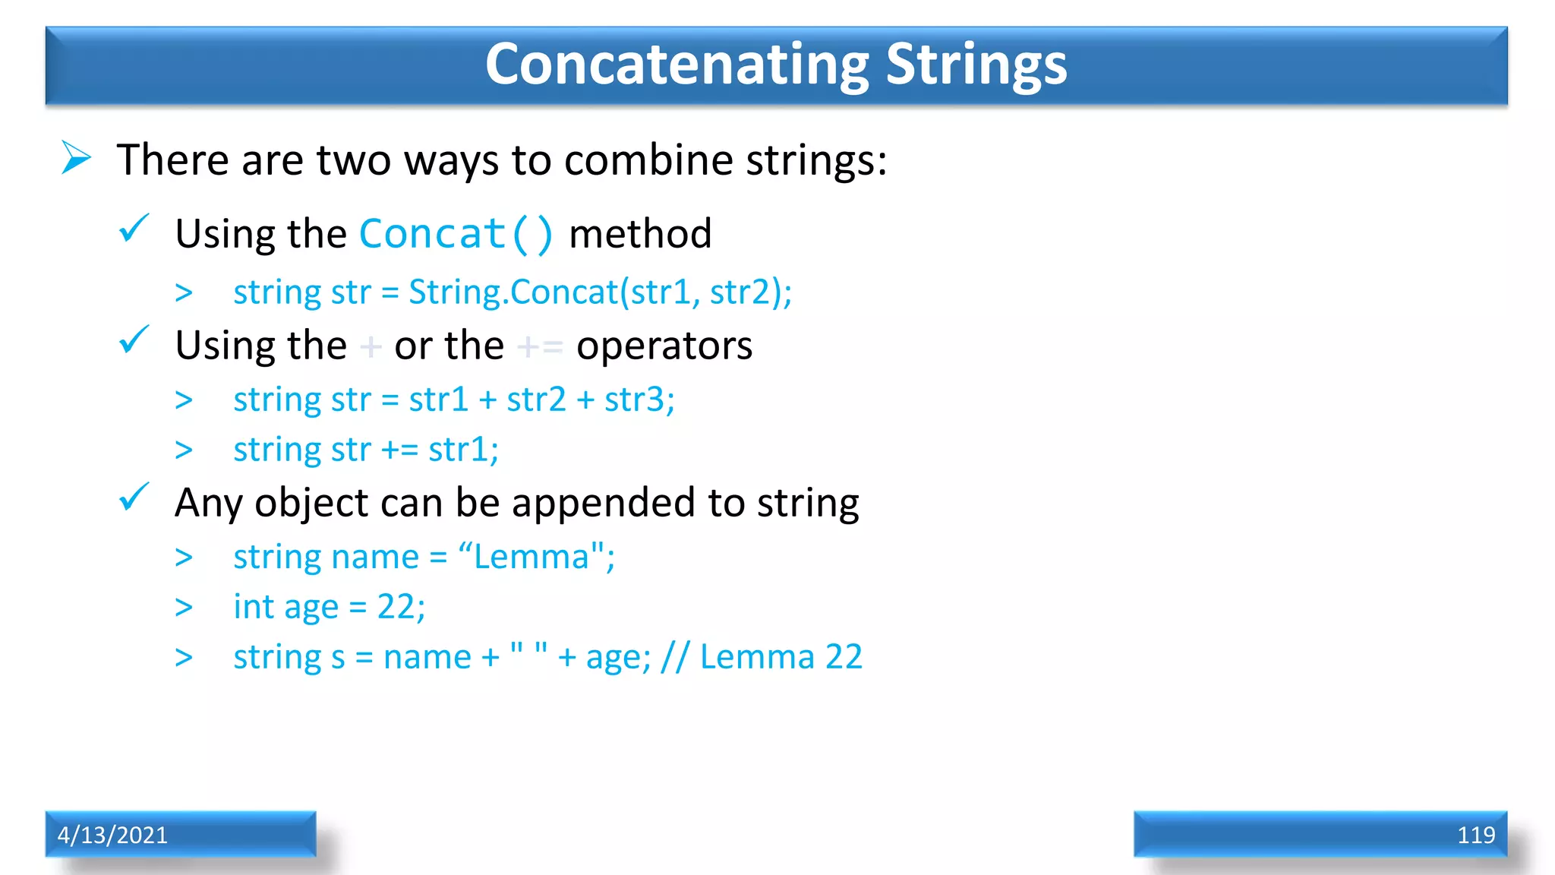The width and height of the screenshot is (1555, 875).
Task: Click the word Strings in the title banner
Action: [x=976, y=65]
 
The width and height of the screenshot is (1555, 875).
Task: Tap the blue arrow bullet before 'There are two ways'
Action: [x=76, y=158]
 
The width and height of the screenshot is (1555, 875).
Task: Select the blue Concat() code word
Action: [x=456, y=234]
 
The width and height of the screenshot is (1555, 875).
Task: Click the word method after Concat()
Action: [x=640, y=234]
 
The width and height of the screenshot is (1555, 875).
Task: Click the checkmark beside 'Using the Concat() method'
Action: [x=134, y=228]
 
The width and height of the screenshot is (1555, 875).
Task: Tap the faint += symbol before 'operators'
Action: [x=540, y=347]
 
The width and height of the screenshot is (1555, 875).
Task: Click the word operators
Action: [x=664, y=346]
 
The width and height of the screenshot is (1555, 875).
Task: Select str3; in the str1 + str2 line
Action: [x=639, y=400]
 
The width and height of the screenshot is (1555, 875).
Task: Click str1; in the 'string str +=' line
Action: [x=463, y=450]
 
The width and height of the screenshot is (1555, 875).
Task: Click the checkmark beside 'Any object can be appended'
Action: [x=134, y=498]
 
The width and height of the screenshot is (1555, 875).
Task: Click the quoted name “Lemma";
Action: [x=537, y=557]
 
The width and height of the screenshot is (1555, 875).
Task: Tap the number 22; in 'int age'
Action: [x=401, y=607]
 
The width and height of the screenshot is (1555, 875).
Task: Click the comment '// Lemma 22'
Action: [x=762, y=657]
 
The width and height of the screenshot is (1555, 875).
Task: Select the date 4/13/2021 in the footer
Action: [x=112, y=835]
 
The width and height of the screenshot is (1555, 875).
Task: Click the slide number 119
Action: [x=1475, y=835]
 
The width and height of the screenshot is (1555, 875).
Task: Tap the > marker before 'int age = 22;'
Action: [x=184, y=608]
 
